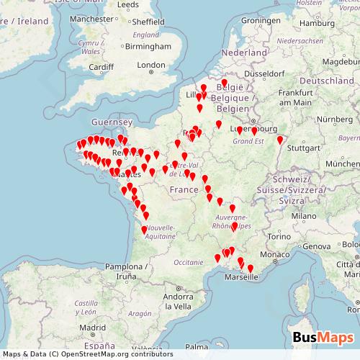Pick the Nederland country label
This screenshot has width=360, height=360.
point(243,53)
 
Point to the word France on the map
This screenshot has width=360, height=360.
point(183,189)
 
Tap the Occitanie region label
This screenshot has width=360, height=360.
point(189,263)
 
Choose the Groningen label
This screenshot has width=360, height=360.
point(259,20)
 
